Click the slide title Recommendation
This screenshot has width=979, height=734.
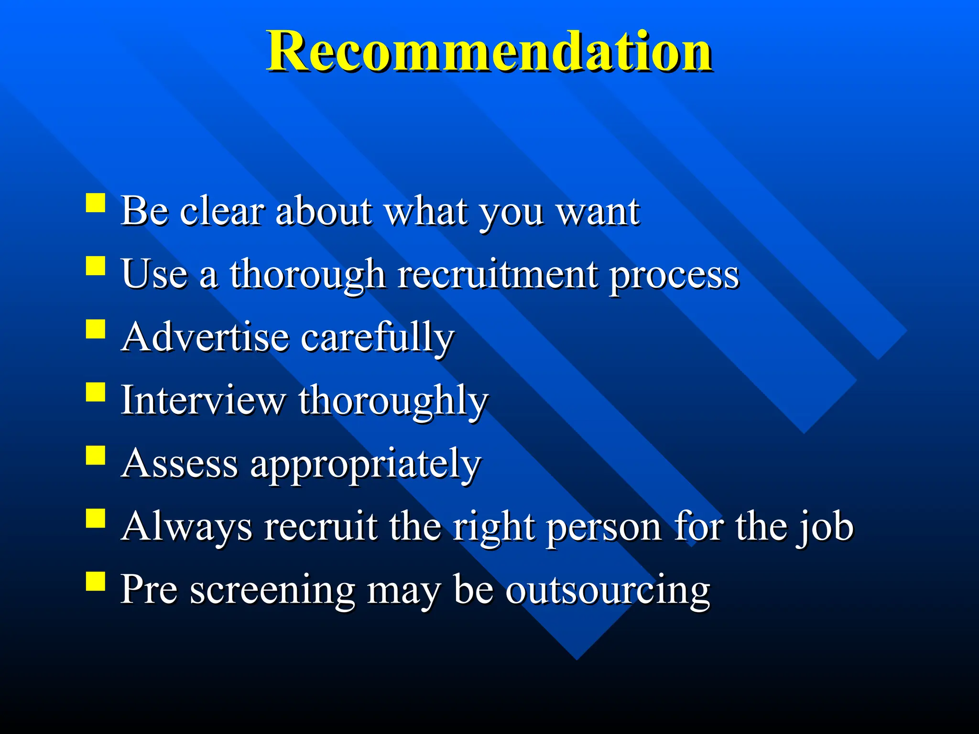tap(489, 52)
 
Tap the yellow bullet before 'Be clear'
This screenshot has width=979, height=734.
tap(96, 203)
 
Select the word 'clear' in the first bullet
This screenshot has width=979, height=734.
tap(221, 211)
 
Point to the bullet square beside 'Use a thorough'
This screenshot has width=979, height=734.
tap(96, 266)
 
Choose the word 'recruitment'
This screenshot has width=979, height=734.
tap(497, 275)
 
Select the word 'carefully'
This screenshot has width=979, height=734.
tap(378, 338)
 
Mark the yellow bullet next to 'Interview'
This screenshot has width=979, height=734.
tap(96, 392)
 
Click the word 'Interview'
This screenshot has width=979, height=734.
tap(203, 400)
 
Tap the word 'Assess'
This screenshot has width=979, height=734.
tap(179, 464)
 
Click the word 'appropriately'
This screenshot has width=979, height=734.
tap(365, 465)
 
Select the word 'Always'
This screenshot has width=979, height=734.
tap(186, 527)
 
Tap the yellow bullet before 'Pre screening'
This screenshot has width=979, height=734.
tap(96, 582)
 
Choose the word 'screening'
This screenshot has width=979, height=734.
tap(272, 591)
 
